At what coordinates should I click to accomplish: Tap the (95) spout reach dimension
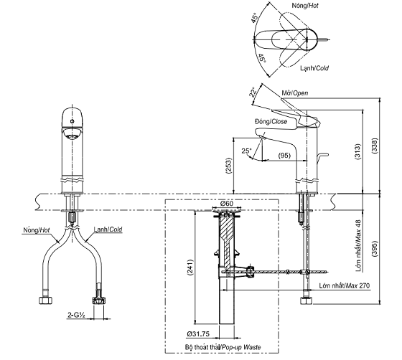tap(284, 156)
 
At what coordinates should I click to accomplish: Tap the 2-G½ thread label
tap(78, 313)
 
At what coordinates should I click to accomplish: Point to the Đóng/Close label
tap(271, 122)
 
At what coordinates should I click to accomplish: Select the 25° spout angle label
tap(246, 151)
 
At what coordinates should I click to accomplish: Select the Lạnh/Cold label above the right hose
tap(108, 231)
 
